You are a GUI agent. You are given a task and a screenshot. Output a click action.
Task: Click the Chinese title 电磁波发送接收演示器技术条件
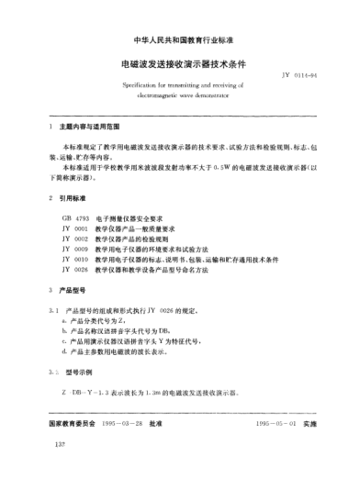click(179, 65)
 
